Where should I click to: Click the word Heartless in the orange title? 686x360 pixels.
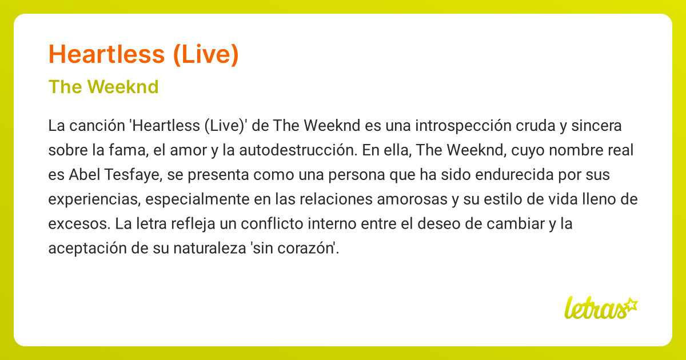(x=106, y=55)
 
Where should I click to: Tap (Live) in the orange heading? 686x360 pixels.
(x=204, y=55)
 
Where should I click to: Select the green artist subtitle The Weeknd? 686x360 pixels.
(x=103, y=87)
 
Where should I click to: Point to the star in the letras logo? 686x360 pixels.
(x=630, y=305)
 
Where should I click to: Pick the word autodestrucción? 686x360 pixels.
(x=291, y=150)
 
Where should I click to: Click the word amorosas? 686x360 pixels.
(x=410, y=199)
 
